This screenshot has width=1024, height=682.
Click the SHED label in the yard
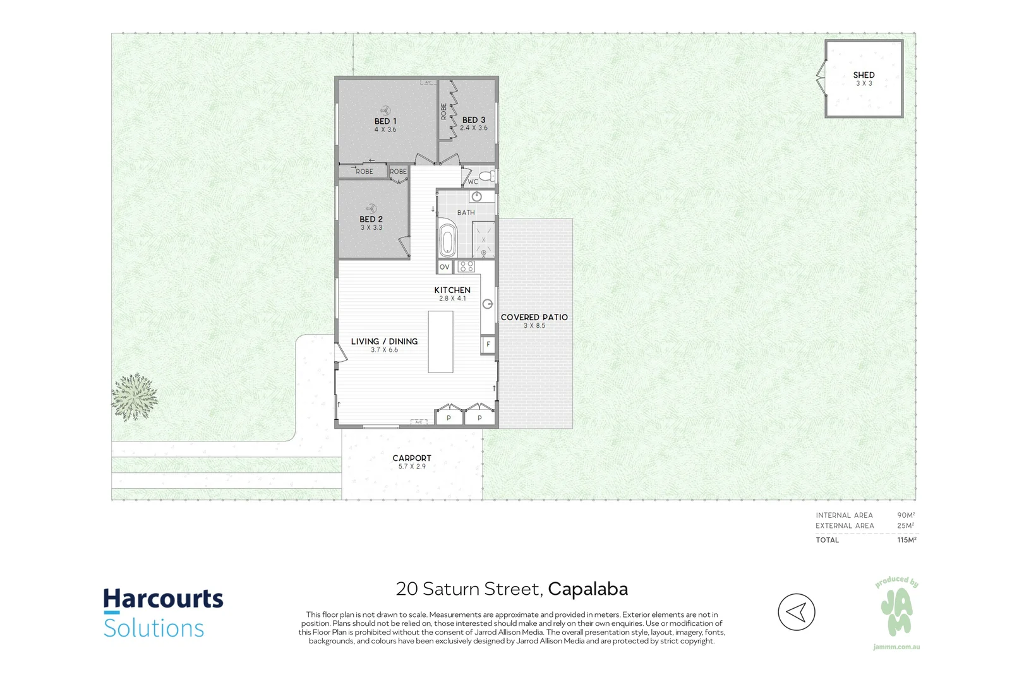[x=864, y=75]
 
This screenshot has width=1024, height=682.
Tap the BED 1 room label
[x=385, y=121]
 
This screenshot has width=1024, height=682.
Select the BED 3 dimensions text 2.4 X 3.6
[x=474, y=128]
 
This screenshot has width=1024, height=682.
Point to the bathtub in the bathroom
[x=447, y=237]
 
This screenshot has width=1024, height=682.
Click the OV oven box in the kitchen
[x=445, y=267]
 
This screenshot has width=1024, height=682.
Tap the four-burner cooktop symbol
[x=466, y=266]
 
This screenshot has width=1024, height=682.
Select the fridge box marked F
[x=488, y=344]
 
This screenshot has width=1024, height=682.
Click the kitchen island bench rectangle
[x=440, y=342]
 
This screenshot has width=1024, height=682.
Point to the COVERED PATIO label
[x=534, y=317]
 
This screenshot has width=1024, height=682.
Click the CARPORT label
[x=412, y=458]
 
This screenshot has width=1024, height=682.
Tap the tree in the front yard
[x=135, y=397]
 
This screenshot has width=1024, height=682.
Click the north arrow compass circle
[x=797, y=612]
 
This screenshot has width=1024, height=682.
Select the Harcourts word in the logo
[x=163, y=599]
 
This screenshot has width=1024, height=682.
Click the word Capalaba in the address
[x=588, y=589]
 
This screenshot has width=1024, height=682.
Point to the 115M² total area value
[x=907, y=540]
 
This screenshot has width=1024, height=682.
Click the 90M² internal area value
[x=906, y=515]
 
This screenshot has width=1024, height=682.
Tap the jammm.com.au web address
[x=896, y=647]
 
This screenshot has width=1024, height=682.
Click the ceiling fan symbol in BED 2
[x=371, y=208]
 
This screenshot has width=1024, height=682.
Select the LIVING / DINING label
[x=385, y=342]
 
